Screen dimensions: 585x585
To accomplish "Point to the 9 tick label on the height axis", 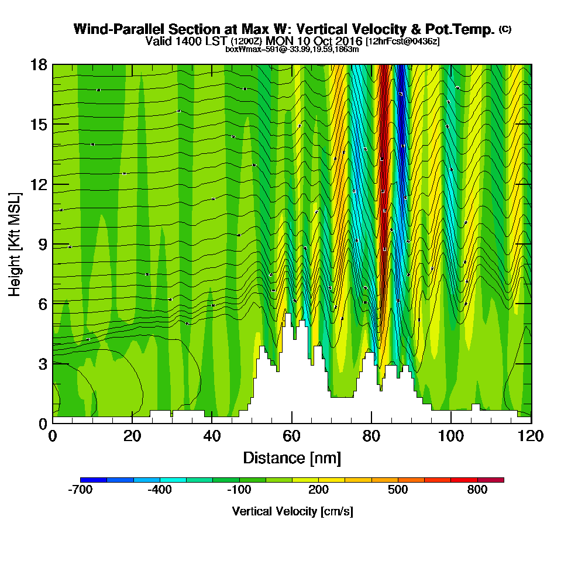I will pos(41,244).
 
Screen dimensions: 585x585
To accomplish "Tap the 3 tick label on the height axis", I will pos(41,363).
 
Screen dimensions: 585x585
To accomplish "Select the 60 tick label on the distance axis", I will pos(291,436).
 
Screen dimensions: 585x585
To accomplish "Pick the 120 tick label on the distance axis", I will pos(530,436).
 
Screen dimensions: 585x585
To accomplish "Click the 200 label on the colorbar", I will pos(319,490).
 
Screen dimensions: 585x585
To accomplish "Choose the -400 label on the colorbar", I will pos(160,490).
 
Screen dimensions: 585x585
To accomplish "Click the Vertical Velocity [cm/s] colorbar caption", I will pos(292,511).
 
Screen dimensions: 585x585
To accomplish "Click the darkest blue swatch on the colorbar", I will pos(94,480).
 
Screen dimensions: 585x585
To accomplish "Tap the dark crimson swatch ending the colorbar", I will pos(491,480).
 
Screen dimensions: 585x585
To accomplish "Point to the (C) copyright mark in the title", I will pos(505,29).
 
